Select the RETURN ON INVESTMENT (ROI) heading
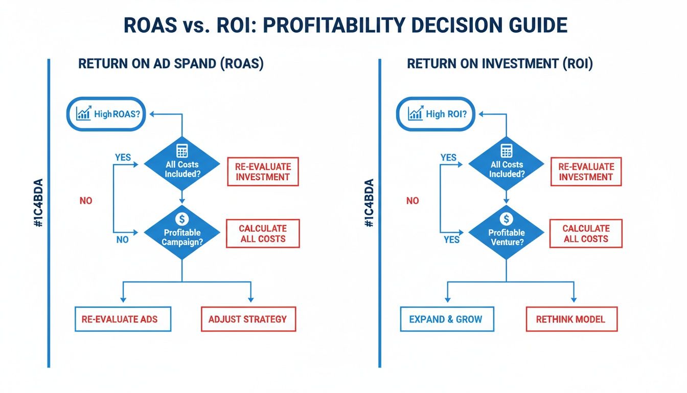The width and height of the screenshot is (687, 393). click(x=499, y=65)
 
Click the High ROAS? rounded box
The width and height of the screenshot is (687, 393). click(x=107, y=114)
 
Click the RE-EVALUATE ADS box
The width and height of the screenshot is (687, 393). click(x=123, y=319)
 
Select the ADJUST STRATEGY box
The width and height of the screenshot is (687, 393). click(x=248, y=319)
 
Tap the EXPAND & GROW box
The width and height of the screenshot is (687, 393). click(x=446, y=319)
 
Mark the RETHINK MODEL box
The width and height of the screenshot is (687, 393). click(x=571, y=319)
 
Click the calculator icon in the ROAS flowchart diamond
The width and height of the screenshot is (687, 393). click(x=182, y=151)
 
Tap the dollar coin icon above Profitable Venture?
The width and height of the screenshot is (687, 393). click(x=507, y=219)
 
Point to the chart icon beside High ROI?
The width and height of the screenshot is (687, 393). click(x=415, y=113)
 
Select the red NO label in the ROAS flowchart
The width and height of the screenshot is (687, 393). click(x=86, y=201)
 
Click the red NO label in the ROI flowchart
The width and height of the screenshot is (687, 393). click(x=413, y=201)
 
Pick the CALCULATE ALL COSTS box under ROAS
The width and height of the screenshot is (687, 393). click(x=263, y=234)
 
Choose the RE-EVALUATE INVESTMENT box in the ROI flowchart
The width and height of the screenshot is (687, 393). click(x=586, y=172)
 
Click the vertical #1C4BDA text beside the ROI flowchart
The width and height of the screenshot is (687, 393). click(x=369, y=203)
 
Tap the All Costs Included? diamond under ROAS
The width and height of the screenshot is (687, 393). click(x=182, y=164)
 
